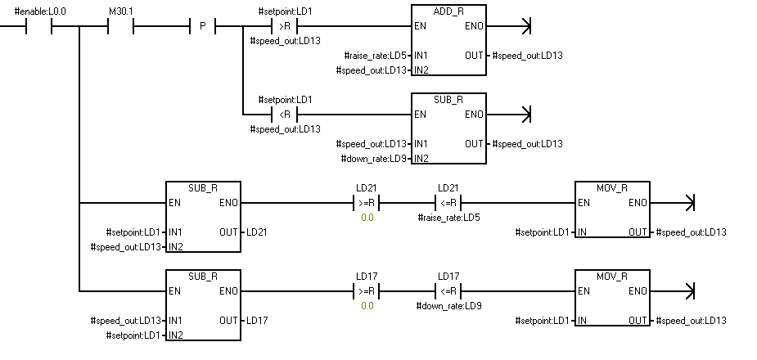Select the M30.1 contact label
click(x=120, y=12)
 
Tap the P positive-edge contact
click(x=202, y=26)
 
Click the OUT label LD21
click(x=257, y=232)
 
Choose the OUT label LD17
click(x=257, y=320)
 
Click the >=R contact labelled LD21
click(x=366, y=202)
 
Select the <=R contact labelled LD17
click(x=448, y=290)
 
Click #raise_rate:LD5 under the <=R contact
click(x=448, y=217)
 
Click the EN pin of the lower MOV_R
click(x=584, y=290)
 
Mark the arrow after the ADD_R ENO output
click(x=525, y=26)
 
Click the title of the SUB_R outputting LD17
click(x=202, y=276)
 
